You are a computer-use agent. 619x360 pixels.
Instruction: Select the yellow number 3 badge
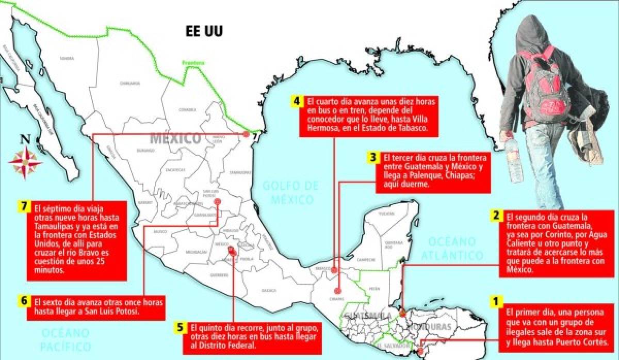pyautogui.click(x=372, y=157)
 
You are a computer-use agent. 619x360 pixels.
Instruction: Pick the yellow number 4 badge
pyautogui.click(x=297, y=101)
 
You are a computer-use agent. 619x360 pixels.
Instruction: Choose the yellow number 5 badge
pyautogui.click(x=180, y=328)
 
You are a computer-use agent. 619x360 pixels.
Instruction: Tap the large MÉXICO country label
pyautogui.click(x=175, y=138)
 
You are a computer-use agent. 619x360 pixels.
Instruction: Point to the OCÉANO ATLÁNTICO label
pyautogui.click(x=452, y=248)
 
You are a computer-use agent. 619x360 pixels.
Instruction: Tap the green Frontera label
pyautogui.click(x=193, y=63)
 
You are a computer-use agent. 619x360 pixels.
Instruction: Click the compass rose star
pyautogui.click(x=24, y=162)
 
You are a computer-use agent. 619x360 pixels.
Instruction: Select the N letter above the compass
pyautogui.click(x=24, y=139)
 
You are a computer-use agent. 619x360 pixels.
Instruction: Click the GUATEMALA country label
pyautogui.click(x=364, y=315)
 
